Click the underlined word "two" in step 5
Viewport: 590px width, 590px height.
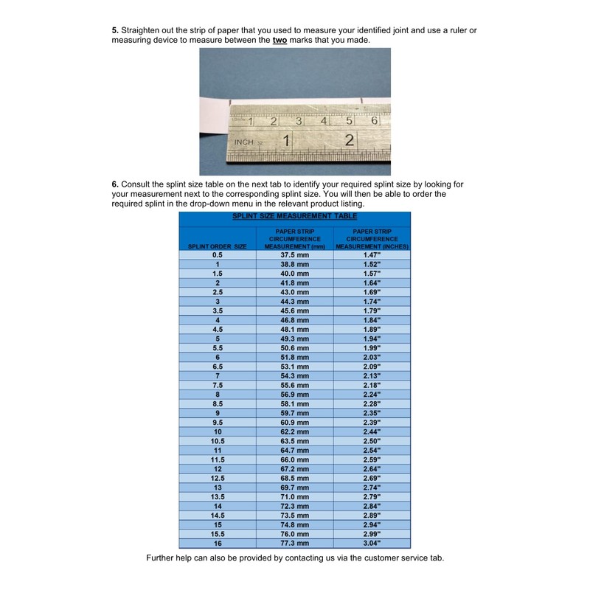pos(280,40)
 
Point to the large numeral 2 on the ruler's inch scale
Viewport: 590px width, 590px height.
pos(350,140)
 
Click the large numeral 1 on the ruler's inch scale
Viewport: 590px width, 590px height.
pos(285,140)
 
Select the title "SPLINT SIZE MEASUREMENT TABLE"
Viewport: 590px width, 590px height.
pos(295,216)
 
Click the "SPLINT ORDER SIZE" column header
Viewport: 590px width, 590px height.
pos(218,246)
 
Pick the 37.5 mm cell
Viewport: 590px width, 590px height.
pos(295,254)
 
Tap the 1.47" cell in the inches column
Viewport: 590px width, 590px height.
pos(372,254)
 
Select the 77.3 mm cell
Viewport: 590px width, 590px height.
pos(295,543)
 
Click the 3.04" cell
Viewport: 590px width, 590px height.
pos(372,543)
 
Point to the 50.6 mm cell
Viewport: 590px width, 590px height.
pos(295,347)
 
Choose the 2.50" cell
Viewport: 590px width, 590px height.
pos(372,440)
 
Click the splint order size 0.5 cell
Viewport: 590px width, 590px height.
pos(218,254)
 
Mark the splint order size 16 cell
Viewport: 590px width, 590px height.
pos(218,543)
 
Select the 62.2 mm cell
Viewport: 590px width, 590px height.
pos(295,431)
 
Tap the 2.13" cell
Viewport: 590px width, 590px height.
pos(372,375)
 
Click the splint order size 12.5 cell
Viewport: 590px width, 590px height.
pos(218,478)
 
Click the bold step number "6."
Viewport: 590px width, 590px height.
pos(115,184)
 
